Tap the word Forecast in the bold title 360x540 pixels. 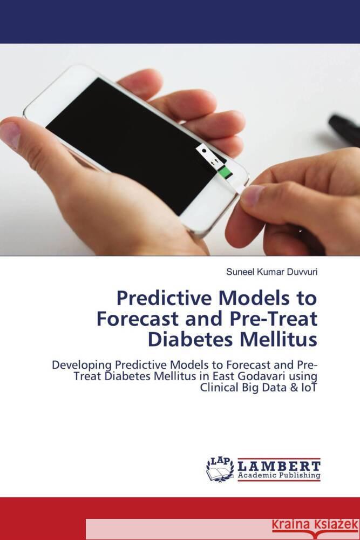click(x=134, y=319)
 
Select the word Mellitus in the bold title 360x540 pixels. click(x=284, y=339)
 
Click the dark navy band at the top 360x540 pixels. click(x=180, y=22)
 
